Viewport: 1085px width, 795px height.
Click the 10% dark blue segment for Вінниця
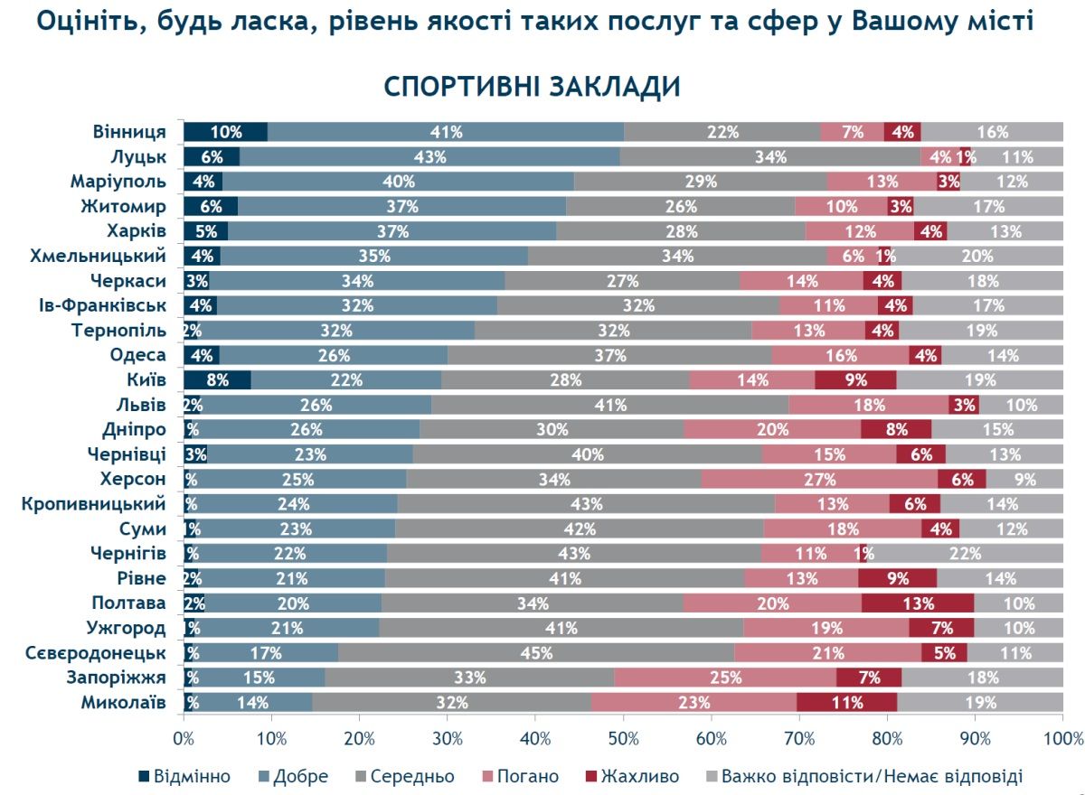point(225,132)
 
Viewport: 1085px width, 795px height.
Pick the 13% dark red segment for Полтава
point(918,603)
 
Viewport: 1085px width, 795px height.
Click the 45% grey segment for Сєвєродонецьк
point(536,652)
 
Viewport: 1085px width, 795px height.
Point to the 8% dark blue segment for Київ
point(217,379)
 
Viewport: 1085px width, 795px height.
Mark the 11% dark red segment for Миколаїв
point(846,702)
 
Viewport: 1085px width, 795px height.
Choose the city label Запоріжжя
point(115,678)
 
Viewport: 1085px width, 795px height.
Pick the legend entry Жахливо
point(632,777)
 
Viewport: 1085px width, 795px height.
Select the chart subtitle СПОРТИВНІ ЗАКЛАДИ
point(532,88)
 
